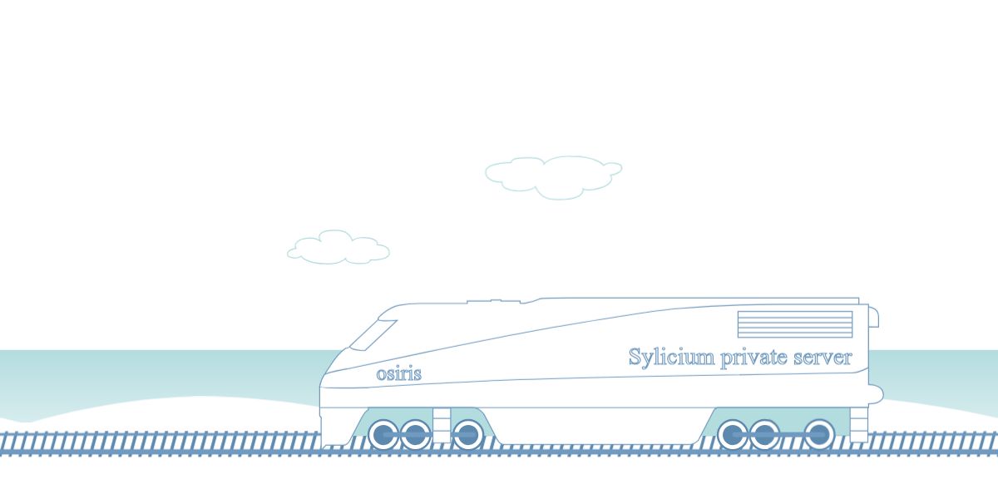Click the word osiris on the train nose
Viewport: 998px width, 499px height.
(x=398, y=374)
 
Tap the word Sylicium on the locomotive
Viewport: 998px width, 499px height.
(x=670, y=358)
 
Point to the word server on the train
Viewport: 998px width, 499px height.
(x=821, y=358)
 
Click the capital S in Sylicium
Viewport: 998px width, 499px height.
(x=635, y=357)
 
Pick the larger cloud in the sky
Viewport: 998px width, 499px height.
(x=554, y=176)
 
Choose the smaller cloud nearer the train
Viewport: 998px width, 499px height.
(x=338, y=248)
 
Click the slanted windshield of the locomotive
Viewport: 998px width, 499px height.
(x=373, y=333)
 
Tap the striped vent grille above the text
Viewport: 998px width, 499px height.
(x=794, y=324)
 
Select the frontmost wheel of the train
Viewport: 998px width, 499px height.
(x=383, y=434)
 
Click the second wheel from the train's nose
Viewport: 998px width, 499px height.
(x=415, y=434)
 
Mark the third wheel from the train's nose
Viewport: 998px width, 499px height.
(x=467, y=434)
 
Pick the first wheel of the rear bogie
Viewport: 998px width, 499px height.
(x=733, y=434)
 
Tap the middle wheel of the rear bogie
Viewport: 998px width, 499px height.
(x=764, y=434)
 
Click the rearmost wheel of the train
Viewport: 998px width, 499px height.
(x=819, y=434)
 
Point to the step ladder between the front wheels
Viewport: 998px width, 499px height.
(x=442, y=424)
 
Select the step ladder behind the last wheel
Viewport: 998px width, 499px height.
(x=858, y=424)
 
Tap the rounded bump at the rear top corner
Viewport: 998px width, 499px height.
(x=874, y=317)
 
